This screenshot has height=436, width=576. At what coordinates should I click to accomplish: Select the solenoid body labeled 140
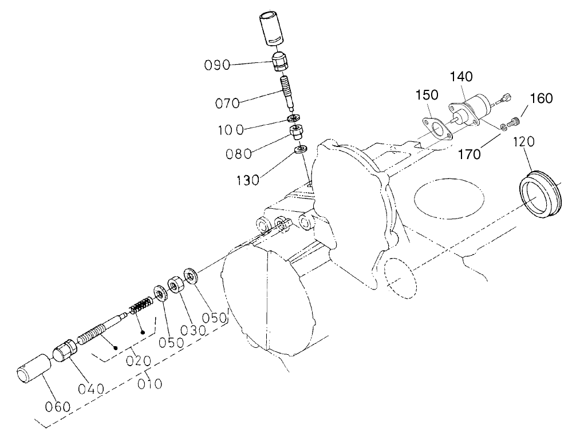[475, 112]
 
